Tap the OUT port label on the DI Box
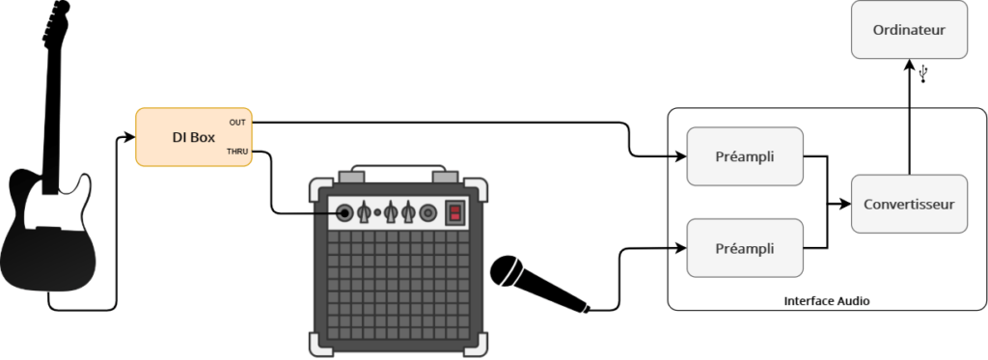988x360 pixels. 236,123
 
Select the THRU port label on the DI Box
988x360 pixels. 235,152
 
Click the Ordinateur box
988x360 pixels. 908,31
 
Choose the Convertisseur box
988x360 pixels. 908,204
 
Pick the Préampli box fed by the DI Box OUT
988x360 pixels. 744,155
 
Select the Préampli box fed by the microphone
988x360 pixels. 744,248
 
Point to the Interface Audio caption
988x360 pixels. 827,301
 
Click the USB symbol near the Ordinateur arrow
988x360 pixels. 924,73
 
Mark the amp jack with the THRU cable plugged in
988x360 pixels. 344,212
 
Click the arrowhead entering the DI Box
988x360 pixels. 131,137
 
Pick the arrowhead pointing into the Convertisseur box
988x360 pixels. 846,204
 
